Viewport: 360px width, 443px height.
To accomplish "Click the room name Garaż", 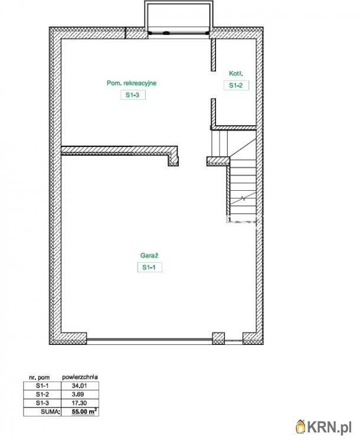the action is tap(149, 256).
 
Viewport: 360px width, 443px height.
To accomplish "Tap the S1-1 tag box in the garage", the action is tap(150, 267).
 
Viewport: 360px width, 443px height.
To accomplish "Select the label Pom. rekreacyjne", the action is tap(132, 83).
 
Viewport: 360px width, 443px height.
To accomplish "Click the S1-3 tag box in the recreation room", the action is tap(133, 95).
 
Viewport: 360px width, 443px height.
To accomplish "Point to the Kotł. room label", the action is tap(236, 73).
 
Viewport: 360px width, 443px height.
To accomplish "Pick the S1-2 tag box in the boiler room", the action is tap(236, 85).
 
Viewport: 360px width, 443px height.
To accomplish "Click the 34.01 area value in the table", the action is tap(80, 386).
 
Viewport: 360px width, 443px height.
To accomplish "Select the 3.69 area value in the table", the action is tap(78, 395).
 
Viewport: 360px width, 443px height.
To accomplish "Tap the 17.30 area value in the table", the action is tap(80, 403).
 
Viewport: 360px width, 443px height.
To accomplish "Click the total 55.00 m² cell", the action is tap(84, 411).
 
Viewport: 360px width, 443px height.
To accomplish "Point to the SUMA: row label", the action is tap(50, 412).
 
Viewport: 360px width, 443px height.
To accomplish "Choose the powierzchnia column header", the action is tap(80, 377).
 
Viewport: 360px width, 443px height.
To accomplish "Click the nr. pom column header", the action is tap(40, 377).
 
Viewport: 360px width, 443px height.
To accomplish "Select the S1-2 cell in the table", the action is tap(42, 395).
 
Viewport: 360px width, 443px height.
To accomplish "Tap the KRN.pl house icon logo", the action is tap(301, 427).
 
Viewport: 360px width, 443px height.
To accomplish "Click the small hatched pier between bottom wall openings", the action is tap(218, 338).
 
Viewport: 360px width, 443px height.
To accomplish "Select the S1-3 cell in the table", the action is tap(42, 403).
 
